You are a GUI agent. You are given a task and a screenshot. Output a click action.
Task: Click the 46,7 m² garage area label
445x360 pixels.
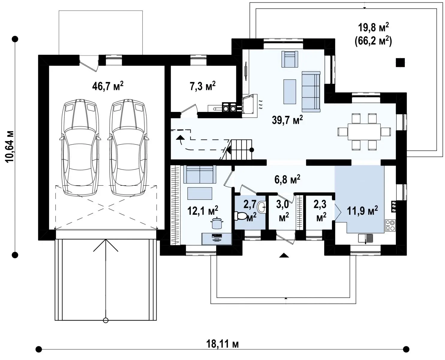108,86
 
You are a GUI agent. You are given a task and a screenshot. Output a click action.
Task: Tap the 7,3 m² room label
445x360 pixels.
202,86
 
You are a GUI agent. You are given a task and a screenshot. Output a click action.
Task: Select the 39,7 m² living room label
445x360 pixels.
287,120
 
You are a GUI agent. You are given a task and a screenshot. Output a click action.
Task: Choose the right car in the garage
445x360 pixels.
128,148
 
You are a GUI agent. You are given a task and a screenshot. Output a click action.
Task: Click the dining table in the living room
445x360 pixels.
364,132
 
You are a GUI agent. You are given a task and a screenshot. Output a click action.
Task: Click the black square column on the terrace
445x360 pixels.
400,62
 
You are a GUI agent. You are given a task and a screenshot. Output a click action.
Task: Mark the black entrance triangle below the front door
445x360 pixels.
284,255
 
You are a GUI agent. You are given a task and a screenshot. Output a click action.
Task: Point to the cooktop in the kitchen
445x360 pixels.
390,226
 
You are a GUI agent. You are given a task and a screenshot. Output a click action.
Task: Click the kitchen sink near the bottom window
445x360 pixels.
366,238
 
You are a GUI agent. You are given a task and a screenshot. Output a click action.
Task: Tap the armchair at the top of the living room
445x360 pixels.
290,59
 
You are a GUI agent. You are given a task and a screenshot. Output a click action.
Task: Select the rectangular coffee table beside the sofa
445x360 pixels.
290,91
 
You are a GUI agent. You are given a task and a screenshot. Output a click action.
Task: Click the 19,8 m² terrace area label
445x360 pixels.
373,27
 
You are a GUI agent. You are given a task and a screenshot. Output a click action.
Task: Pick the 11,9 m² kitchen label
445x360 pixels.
362,211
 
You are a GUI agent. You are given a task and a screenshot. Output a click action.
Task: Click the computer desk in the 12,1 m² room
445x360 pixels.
217,239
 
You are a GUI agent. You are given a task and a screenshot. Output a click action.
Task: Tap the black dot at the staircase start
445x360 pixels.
252,150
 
